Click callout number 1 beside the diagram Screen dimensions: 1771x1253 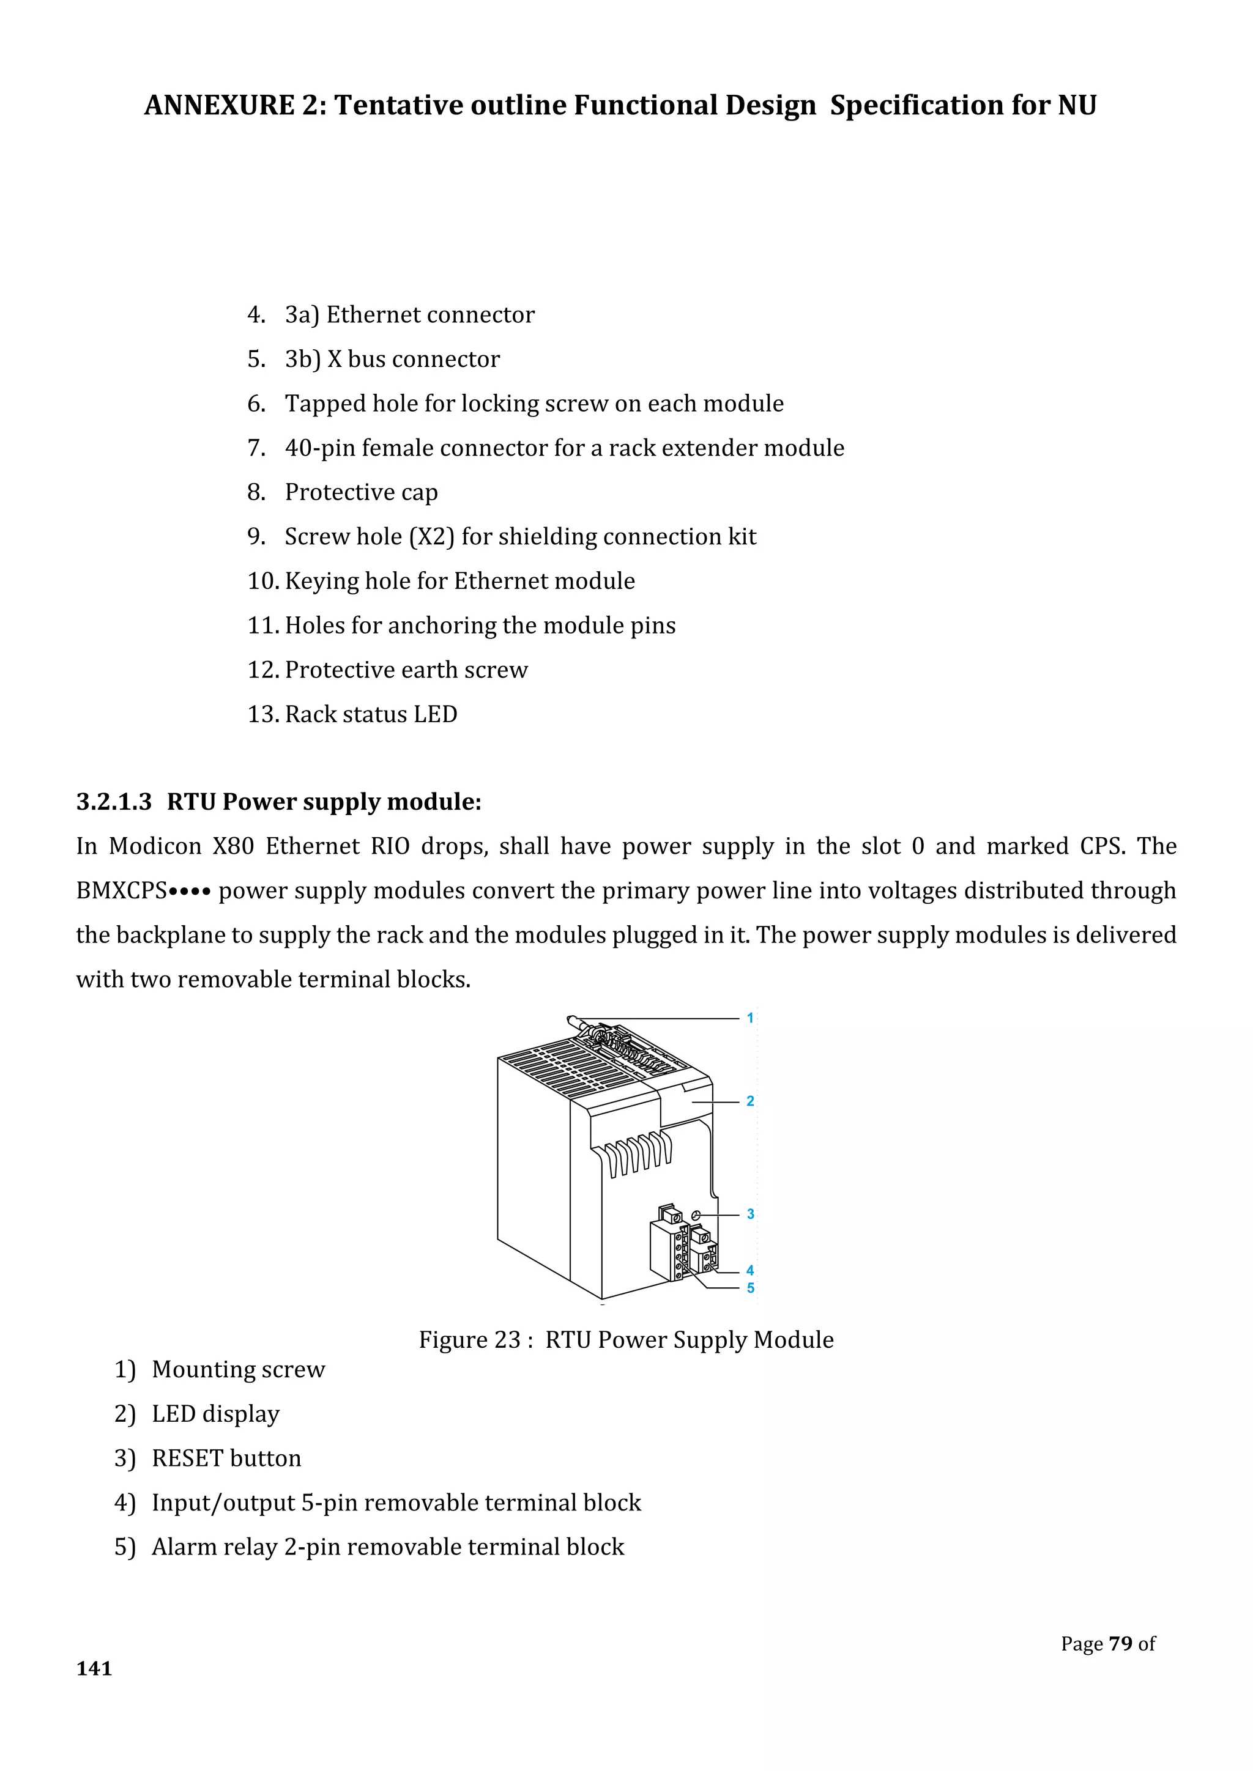749,1018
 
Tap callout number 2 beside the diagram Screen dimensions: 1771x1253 750,1101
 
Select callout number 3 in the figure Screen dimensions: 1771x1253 750,1214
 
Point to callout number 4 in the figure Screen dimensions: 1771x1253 750,1270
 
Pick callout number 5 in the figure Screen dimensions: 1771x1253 750,1288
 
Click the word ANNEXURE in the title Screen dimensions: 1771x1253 219,105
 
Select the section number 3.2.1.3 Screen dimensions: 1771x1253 114,802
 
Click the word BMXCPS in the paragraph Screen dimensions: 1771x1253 121,891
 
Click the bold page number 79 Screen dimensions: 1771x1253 1120,1644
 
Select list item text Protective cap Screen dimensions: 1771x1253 361,492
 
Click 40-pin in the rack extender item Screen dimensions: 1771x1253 319,448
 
